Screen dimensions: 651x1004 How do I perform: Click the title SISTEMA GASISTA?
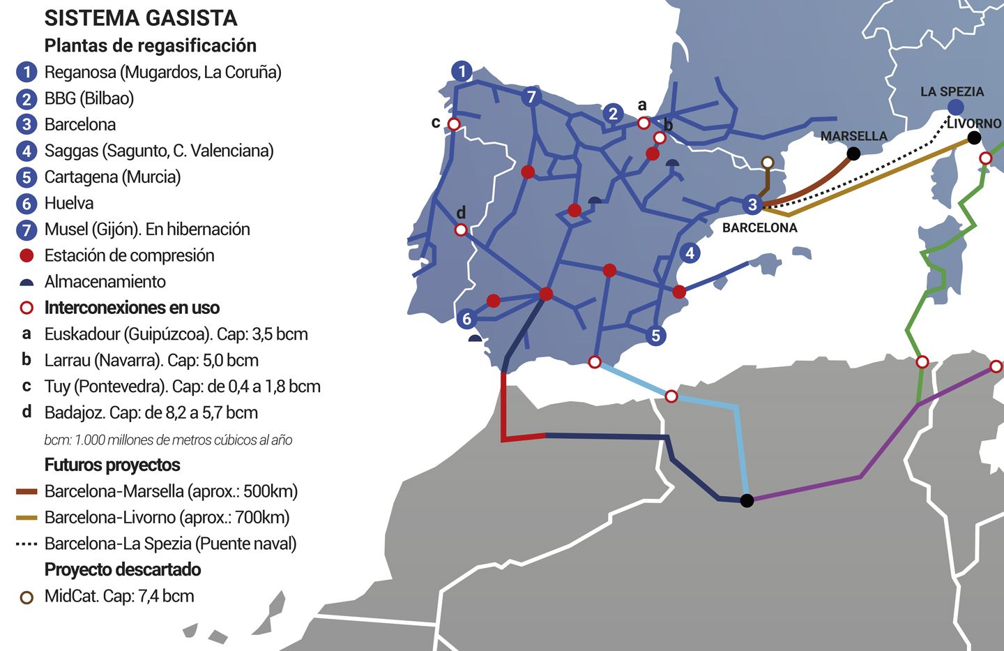140,18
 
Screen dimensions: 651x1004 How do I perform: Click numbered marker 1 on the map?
462,70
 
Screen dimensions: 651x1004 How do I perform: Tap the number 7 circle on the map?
531,96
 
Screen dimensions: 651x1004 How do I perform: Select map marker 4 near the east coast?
690,253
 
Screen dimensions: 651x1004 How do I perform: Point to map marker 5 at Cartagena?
655,336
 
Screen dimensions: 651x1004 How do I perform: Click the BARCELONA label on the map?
759,228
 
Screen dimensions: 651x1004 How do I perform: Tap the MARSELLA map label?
853,136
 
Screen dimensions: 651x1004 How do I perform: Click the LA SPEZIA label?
952,91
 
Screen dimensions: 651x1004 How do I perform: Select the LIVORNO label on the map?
974,124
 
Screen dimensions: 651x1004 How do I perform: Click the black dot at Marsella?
853,154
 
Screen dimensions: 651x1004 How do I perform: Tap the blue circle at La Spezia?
955,107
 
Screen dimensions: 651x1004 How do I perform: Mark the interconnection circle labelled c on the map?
454,124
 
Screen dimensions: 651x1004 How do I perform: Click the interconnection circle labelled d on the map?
461,230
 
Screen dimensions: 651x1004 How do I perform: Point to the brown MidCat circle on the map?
767,163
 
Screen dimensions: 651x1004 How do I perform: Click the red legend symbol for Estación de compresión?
26,256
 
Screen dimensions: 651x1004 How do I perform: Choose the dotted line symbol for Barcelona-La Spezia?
26,544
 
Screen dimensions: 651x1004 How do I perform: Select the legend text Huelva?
69,203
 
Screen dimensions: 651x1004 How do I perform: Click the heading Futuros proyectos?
112,465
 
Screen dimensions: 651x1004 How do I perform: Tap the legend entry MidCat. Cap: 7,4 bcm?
119,596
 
